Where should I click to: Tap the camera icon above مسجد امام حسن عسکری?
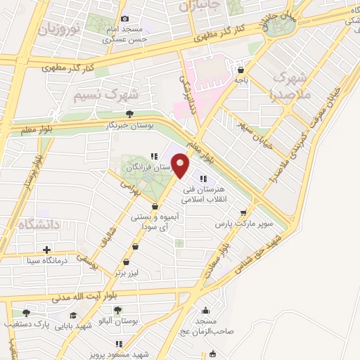tap(125, 19)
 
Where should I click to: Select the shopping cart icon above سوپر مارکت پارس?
tap(243, 212)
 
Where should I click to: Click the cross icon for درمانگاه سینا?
tap(47, 250)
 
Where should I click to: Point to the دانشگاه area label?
tap(27, 224)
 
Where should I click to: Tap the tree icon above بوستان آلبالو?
tap(117, 310)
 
